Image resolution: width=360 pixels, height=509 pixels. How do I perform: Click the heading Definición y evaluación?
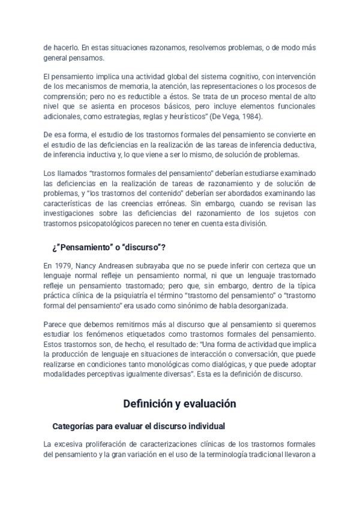(x=179, y=404)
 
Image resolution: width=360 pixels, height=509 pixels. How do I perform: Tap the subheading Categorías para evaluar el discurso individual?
(x=139, y=426)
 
